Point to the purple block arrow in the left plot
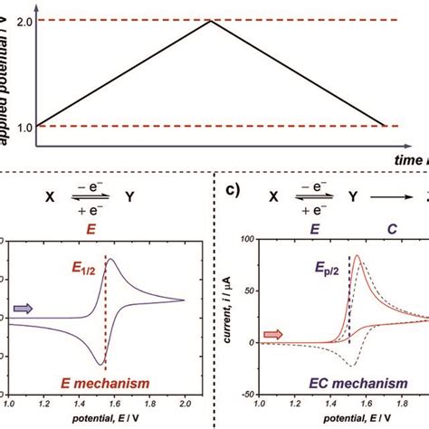coord(23,309)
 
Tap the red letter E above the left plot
coord(91,229)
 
